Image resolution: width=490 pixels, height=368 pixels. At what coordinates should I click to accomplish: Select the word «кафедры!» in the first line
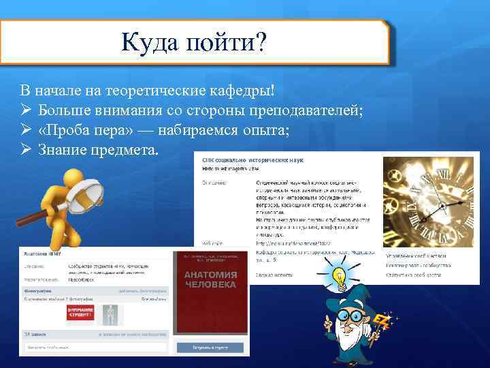[x=244, y=90]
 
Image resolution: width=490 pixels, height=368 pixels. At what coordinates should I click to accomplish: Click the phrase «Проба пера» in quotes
[x=80, y=129]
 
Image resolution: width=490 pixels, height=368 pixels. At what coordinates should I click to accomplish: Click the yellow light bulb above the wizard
[x=338, y=277]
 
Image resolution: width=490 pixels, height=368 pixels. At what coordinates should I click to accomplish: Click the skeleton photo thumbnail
[x=109, y=313]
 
